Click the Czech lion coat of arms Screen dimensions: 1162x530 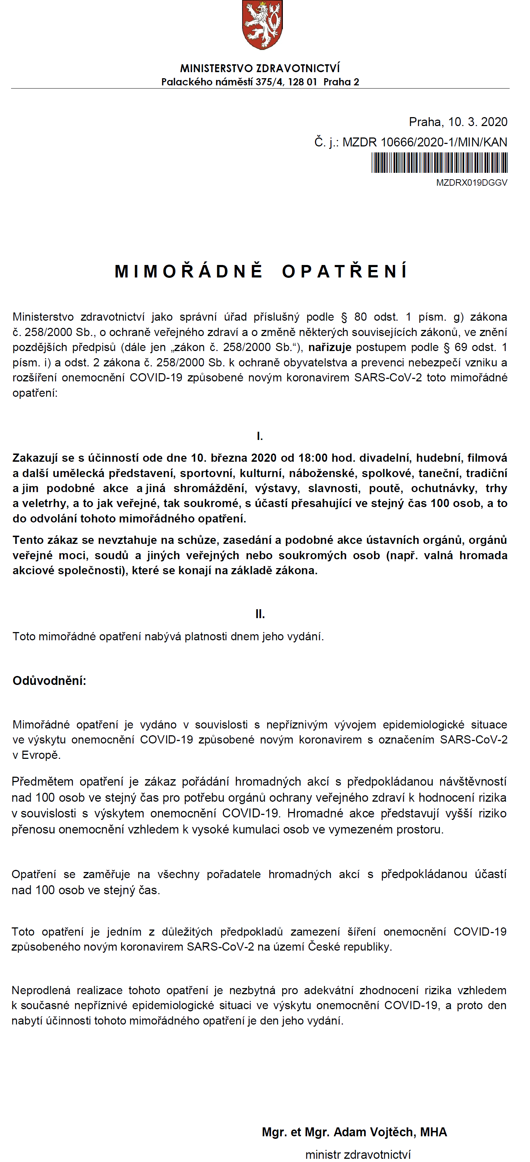pyautogui.click(x=262, y=25)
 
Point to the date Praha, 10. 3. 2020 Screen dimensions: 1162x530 pyautogui.click(x=458, y=122)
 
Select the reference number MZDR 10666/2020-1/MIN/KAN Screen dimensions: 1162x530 pyautogui.click(x=424, y=142)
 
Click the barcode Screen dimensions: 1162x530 pyautogui.click(x=439, y=162)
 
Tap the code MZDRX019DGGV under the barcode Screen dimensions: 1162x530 pyautogui.click(x=471, y=183)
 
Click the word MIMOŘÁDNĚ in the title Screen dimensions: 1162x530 pyautogui.click(x=189, y=271)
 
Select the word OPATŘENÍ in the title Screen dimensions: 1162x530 pyautogui.click(x=345, y=271)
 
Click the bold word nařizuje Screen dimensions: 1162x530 pyautogui.click(x=330, y=347)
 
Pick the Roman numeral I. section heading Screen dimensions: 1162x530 pyautogui.click(x=260, y=436)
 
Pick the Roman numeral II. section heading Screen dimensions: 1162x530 pyautogui.click(x=260, y=614)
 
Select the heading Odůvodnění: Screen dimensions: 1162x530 pyautogui.click(x=49, y=681)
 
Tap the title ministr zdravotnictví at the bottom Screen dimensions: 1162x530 pyautogui.click(x=358, y=1155)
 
